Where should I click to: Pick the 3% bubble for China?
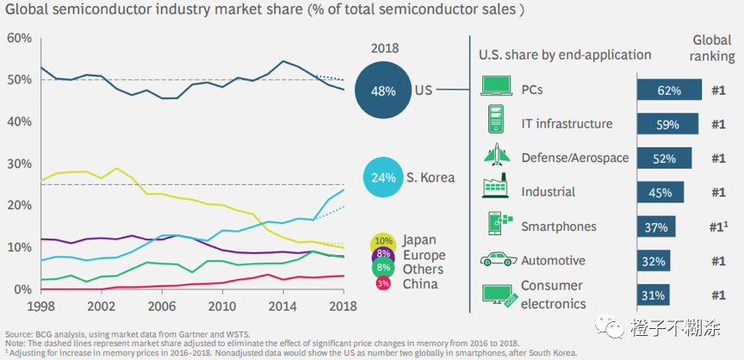(383, 282)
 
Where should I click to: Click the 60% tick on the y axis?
(19, 38)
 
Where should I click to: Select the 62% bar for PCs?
(670, 90)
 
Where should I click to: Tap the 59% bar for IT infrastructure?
(667, 124)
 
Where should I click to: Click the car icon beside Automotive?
(494, 259)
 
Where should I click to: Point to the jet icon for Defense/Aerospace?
(494, 157)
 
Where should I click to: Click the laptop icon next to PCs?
(494, 89)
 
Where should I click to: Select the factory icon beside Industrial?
(494, 191)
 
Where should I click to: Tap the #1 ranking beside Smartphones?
(719, 227)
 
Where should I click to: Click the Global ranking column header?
(714, 49)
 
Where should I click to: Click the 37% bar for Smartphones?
(656, 227)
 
